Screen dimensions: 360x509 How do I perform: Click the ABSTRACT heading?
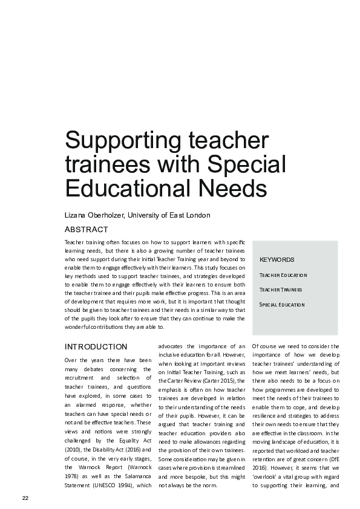point(86,230)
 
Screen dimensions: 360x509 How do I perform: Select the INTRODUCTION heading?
point(96,347)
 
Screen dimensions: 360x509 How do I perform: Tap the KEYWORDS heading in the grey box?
point(277,259)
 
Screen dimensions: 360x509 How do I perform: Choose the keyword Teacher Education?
point(283,275)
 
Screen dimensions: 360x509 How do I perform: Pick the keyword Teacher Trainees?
point(281,290)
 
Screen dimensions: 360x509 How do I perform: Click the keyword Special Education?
point(282,304)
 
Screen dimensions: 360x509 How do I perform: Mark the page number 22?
point(25,498)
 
